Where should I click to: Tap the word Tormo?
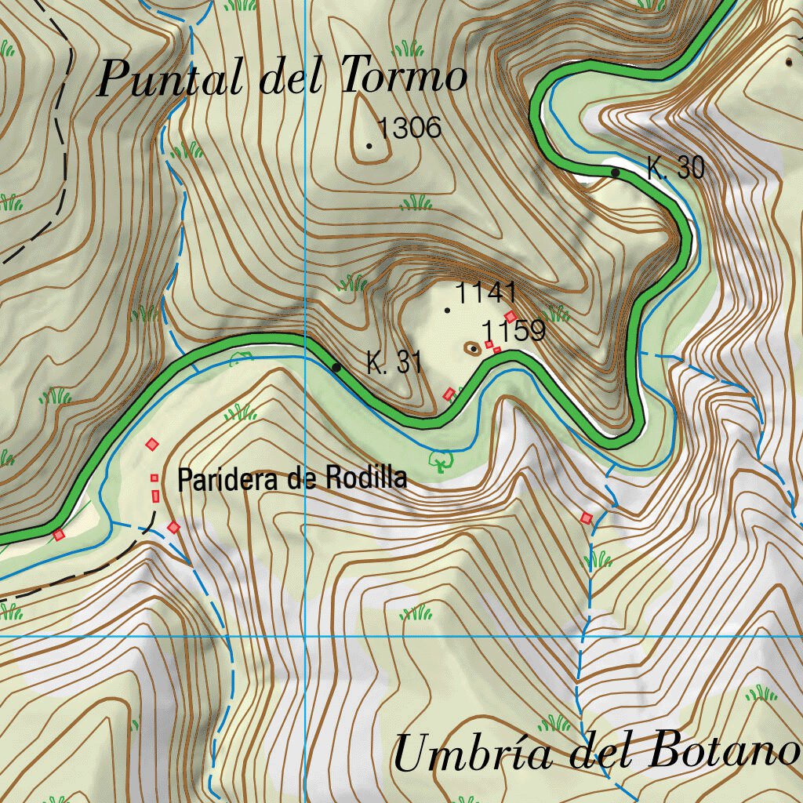click(405, 78)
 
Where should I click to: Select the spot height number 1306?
click(409, 128)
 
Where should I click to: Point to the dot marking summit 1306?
click(369, 146)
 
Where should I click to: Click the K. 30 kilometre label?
click(675, 168)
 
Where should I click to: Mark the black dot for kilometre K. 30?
click(616, 173)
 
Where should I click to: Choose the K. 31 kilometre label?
click(394, 363)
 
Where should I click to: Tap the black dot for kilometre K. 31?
click(336, 367)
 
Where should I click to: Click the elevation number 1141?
click(485, 293)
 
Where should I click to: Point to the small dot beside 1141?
click(448, 311)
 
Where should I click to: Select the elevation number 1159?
click(514, 331)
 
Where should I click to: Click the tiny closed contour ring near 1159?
click(473, 348)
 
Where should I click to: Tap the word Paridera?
click(227, 478)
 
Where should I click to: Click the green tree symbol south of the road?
click(441, 460)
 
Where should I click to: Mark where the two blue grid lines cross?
click(305, 636)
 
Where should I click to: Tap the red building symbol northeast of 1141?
click(511, 316)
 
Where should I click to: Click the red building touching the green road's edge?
click(59, 535)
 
